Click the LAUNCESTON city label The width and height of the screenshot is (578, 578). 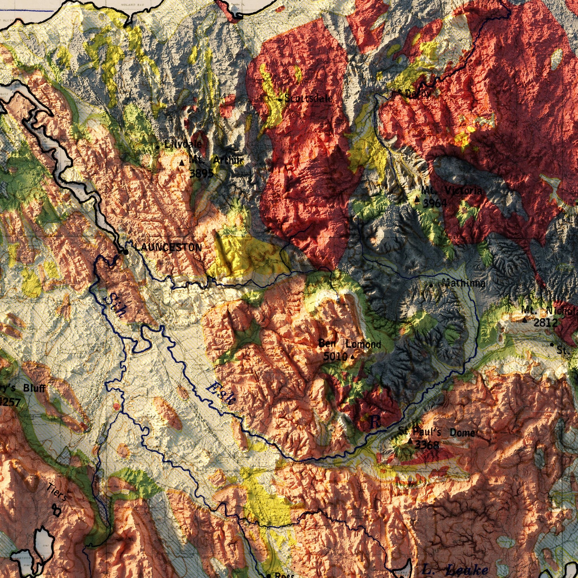(x=168, y=248)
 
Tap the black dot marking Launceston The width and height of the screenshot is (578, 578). (x=126, y=252)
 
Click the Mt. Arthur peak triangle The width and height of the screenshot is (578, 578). (x=182, y=163)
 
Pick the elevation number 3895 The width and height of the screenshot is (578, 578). (x=201, y=173)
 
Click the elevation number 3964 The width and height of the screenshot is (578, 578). (x=435, y=203)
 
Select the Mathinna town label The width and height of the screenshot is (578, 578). (x=464, y=283)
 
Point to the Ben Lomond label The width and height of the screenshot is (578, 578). (x=350, y=344)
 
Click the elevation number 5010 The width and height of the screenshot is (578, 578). (x=335, y=356)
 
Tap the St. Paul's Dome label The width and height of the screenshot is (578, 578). (x=437, y=432)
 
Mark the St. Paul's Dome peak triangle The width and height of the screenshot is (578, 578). (x=410, y=441)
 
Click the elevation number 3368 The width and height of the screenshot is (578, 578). (x=427, y=445)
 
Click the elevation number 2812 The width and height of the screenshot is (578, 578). (x=545, y=322)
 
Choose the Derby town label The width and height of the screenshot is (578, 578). (x=418, y=94)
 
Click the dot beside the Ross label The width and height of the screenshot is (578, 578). (x=268, y=576)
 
